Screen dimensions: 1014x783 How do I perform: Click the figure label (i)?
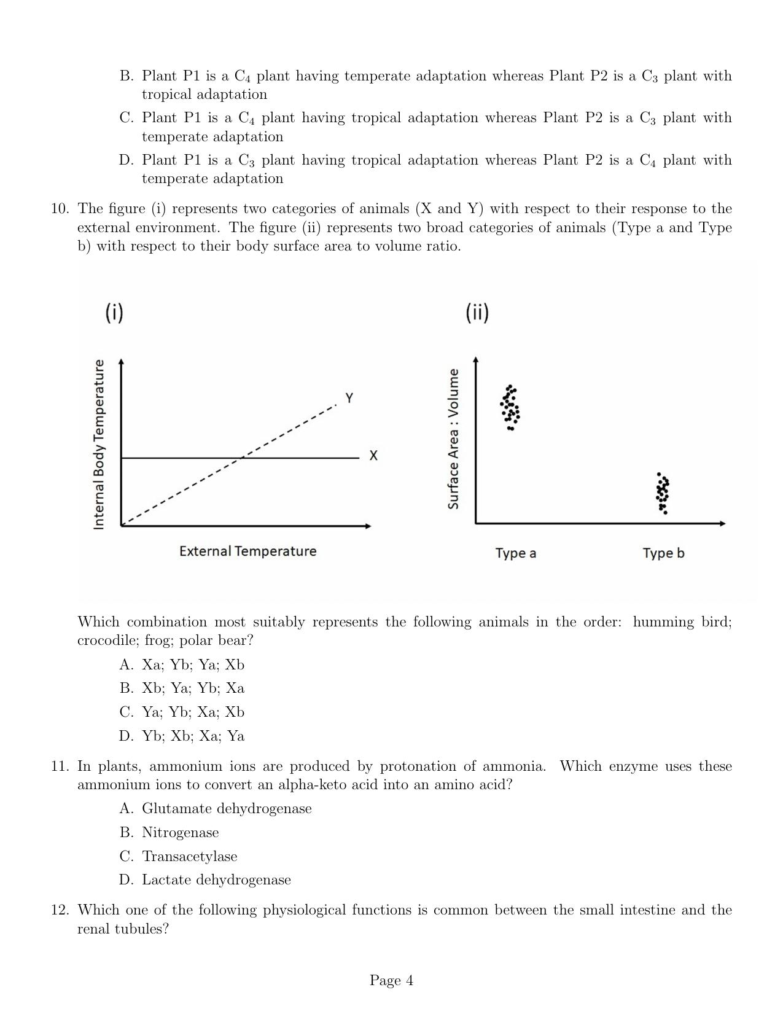coord(114,313)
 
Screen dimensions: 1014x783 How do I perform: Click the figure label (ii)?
coord(477,313)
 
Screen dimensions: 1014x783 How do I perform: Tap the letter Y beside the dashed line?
coord(349,398)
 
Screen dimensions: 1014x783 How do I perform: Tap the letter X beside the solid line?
coord(373,456)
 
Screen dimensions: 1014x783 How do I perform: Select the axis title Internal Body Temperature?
coord(98,445)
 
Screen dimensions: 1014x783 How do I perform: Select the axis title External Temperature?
coord(247,551)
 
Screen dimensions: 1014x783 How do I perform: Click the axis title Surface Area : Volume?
coord(453,439)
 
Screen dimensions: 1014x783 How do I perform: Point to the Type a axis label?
coord(515,553)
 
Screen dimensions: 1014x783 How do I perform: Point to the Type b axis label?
coord(663,553)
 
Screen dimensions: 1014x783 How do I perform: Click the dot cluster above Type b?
coord(663,493)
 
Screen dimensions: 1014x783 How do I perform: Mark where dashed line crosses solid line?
coord(241,458)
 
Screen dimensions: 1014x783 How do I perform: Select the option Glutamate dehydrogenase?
coord(227,808)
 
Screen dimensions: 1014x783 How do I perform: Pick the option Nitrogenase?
coord(180,832)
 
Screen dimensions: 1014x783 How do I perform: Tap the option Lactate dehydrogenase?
coord(216,879)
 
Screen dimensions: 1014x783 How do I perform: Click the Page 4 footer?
coord(391,980)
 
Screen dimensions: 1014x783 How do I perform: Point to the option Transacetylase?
coord(189,856)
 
